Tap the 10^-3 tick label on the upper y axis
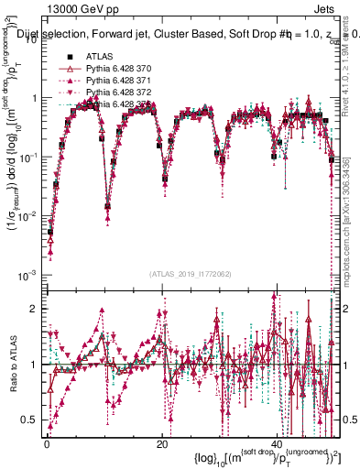[x=30, y=275]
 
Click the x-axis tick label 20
[x=162, y=444]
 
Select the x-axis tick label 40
[x=277, y=444]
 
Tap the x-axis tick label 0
[x=47, y=444]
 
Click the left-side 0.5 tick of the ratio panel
[x=32, y=420]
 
